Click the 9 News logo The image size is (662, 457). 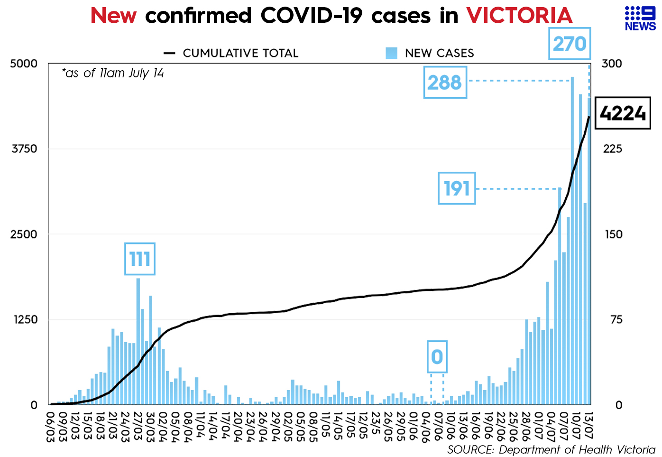point(640,19)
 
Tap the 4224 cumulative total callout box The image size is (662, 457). point(623,113)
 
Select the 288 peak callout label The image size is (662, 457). point(445,83)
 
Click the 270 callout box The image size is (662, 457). point(570,44)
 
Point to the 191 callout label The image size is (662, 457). point(456,188)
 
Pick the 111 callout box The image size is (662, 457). point(140,259)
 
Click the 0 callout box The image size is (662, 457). point(437,357)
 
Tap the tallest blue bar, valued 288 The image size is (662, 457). point(572,237)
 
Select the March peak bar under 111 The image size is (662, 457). point(138,342)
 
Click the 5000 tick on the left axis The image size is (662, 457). point(24,64)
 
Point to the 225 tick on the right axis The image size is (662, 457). point(612,149)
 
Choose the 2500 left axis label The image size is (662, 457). point(24,234)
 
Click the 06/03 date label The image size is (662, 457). point(50,426)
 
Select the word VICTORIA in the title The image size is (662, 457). point(519,16)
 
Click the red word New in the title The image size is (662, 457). point(113,16)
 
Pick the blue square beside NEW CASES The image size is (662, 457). point(391,53)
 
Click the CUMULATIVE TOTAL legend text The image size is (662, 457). point(240,53)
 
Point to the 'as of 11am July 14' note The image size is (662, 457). point(113,73)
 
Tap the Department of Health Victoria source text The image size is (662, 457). point(551,449)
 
